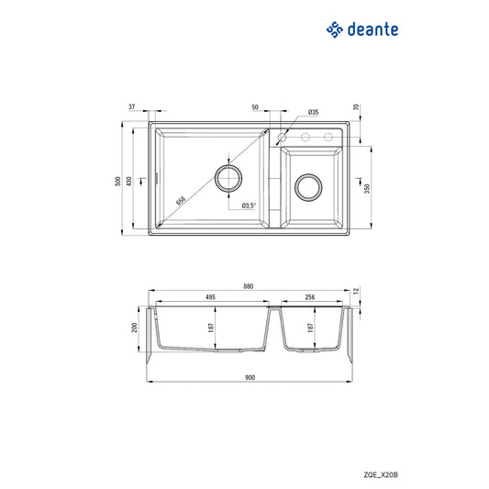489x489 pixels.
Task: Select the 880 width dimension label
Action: [x=249, y=285]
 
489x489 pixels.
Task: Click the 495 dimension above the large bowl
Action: [x=210, y=297]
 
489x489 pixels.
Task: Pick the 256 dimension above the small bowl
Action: [x=310, y=297]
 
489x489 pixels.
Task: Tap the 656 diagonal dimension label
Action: [x=181, y=199]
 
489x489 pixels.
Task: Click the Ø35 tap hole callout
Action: [x=313, y=112]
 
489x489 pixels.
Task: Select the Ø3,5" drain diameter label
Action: [x=249, y=206]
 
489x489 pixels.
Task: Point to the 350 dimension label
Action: [x=367, y=188]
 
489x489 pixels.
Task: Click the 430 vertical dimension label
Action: [x=128, y=183]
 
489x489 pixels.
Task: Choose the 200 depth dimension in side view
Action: [x=135, y=329]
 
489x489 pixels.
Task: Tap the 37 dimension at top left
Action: [x=132, y=107]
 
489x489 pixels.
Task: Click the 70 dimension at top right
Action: [x=356, y=107]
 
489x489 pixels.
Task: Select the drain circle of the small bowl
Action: [x=307, y=190]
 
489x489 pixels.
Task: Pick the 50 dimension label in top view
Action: [x=254, y=107]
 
